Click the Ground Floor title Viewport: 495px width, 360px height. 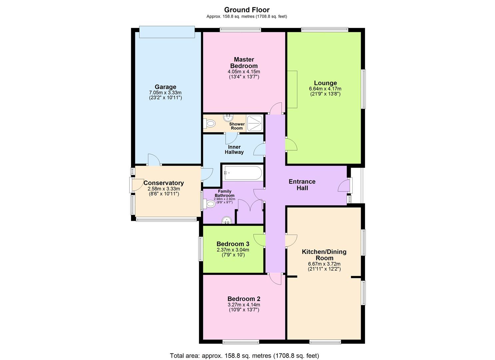click(247, 10)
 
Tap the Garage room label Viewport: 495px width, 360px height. click(165, 87)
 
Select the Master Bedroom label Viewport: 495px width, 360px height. click(244, 63)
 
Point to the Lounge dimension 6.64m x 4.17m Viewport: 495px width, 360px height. click(325, 89)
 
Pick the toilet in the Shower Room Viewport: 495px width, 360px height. click(210, 124)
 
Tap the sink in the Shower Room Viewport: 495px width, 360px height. click(229, 118)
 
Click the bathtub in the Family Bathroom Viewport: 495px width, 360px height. click(243, 173)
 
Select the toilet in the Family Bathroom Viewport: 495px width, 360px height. click(210, 203)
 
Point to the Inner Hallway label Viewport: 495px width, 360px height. click(234, 149)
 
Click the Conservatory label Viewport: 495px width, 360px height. click(163, 183)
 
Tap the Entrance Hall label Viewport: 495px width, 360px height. click(302, 185)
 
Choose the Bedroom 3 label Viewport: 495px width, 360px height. click(233, 244)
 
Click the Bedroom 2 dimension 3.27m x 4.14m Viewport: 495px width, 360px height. click(244, 305)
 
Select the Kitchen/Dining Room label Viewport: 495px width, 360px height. click(324, 255)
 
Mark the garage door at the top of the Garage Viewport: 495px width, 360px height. click(167, 32)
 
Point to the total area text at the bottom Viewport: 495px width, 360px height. click(244, 356)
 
